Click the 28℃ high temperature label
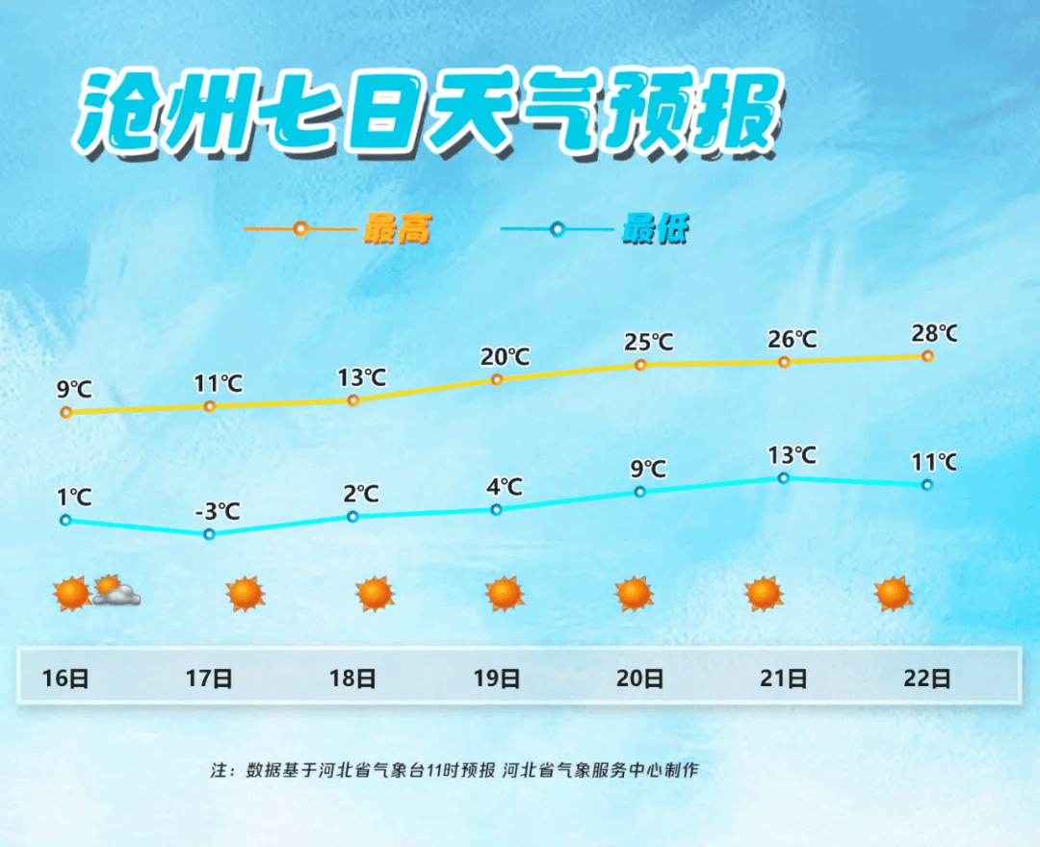(x=934, y=333)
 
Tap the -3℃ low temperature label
(x=218, y=511)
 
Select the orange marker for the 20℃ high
(x=497, y=380)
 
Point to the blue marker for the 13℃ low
(x=783, y=477)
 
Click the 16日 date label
(x=65, y=678)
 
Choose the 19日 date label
(x=497, y=678)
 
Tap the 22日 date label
(x=927, y=678)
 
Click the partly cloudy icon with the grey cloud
(x=117, y=591)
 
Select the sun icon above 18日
(x=375, y=593)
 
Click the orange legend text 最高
(x=398, y=229)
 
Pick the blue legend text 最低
(x=656, y=229)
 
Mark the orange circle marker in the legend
(x=300, y=229)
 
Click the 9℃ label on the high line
(x=74, y=389)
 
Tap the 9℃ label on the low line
(x=648, y=469)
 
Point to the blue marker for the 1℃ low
(x=65, y=521)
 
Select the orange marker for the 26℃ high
(x=784, y=362)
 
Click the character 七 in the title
(x=302, y=112)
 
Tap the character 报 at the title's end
(x=738, y=113)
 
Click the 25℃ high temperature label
(x=648, y=342)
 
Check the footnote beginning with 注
(x=455, y=769)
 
